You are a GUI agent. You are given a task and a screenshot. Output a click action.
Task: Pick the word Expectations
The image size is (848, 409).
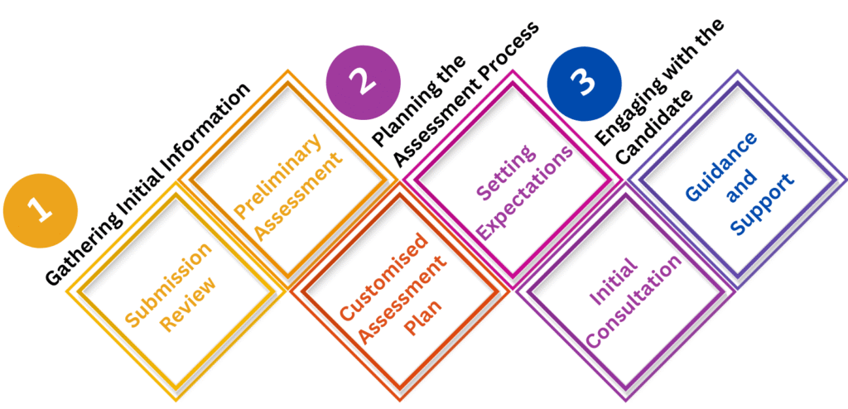(527, 194)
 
